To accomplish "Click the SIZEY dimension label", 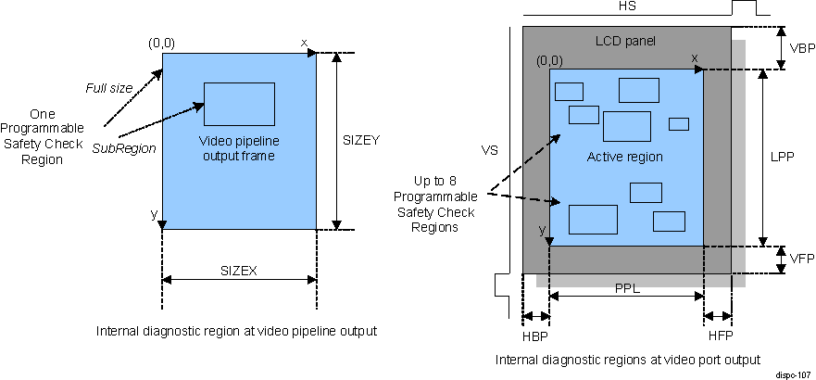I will click(361, 140).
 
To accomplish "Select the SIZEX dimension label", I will click(238, 271).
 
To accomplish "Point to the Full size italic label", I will click(110, 87).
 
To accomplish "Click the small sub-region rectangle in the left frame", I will click(239, 104).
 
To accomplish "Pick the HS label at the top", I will click(627, 6).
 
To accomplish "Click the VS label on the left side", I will click(489, 148).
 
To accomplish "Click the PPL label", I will click(627, 288).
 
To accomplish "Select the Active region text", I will click(625, 157).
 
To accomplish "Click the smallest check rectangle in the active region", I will click(679, 124).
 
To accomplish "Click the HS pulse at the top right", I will click(744, 7).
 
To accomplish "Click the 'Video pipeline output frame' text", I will click(239, 148).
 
